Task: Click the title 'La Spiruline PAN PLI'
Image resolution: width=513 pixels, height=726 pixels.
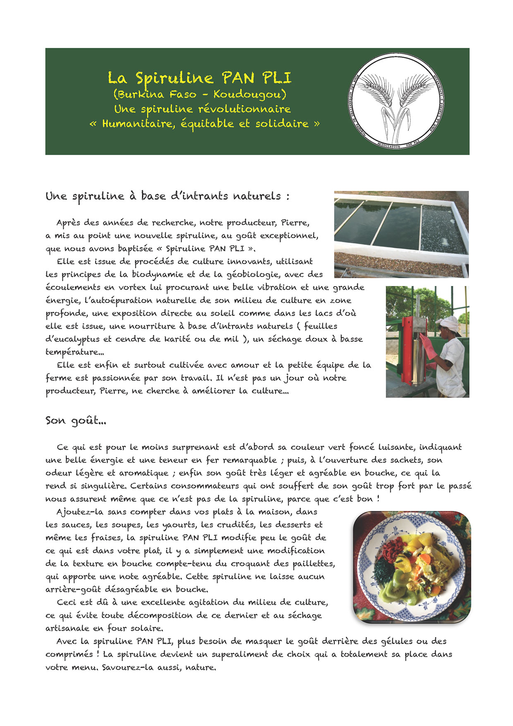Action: point(199,78)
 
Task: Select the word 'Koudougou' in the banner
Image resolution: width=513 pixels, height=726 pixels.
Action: point(249,94)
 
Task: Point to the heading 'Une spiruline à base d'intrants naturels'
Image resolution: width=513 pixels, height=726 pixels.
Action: point(167,196)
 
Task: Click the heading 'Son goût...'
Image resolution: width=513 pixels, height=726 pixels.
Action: point(76,421)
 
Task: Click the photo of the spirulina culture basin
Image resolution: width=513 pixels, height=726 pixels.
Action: point(401,234)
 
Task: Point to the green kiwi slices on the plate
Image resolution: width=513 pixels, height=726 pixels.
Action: point(393,591)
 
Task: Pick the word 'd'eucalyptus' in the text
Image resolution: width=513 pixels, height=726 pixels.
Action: point(73,339)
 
